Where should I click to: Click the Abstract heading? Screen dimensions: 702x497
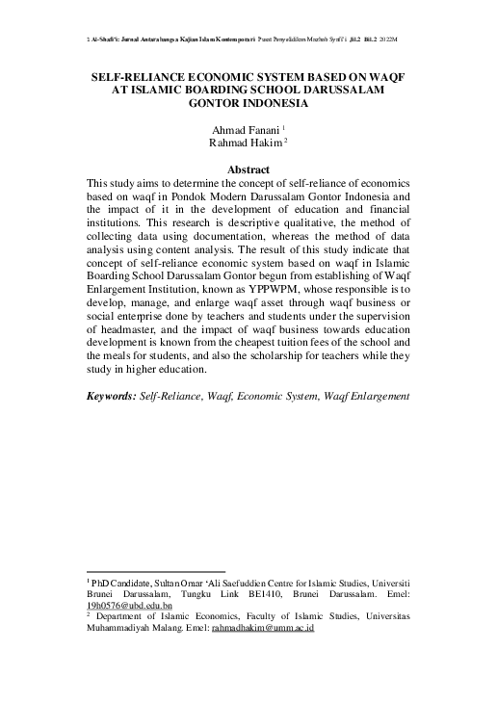tap(248, 169)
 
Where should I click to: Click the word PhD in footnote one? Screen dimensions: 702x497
tap(101, 584)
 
